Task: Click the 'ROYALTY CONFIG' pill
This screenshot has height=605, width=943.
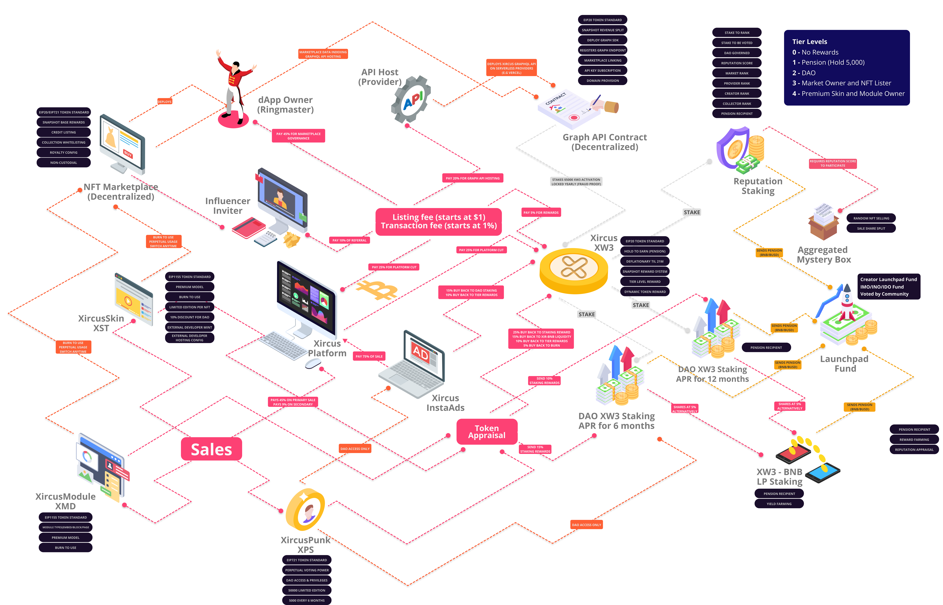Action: pos(64,152)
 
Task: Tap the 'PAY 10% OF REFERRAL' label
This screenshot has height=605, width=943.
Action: pos(349,240)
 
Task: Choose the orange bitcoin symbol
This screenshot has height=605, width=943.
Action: pos(377,290)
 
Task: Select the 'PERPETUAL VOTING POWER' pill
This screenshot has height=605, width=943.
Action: pos(307,570)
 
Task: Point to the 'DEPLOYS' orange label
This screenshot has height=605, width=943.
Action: pos(164,102)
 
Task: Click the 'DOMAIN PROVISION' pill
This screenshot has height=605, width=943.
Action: pos(602,80)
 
